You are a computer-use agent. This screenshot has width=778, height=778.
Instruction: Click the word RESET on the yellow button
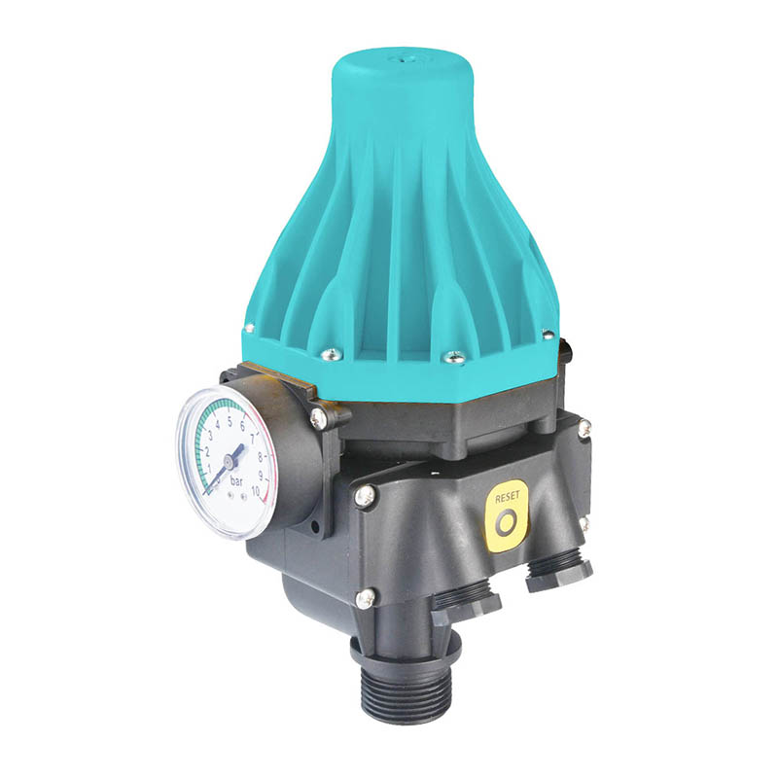(x=507, y=496)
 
